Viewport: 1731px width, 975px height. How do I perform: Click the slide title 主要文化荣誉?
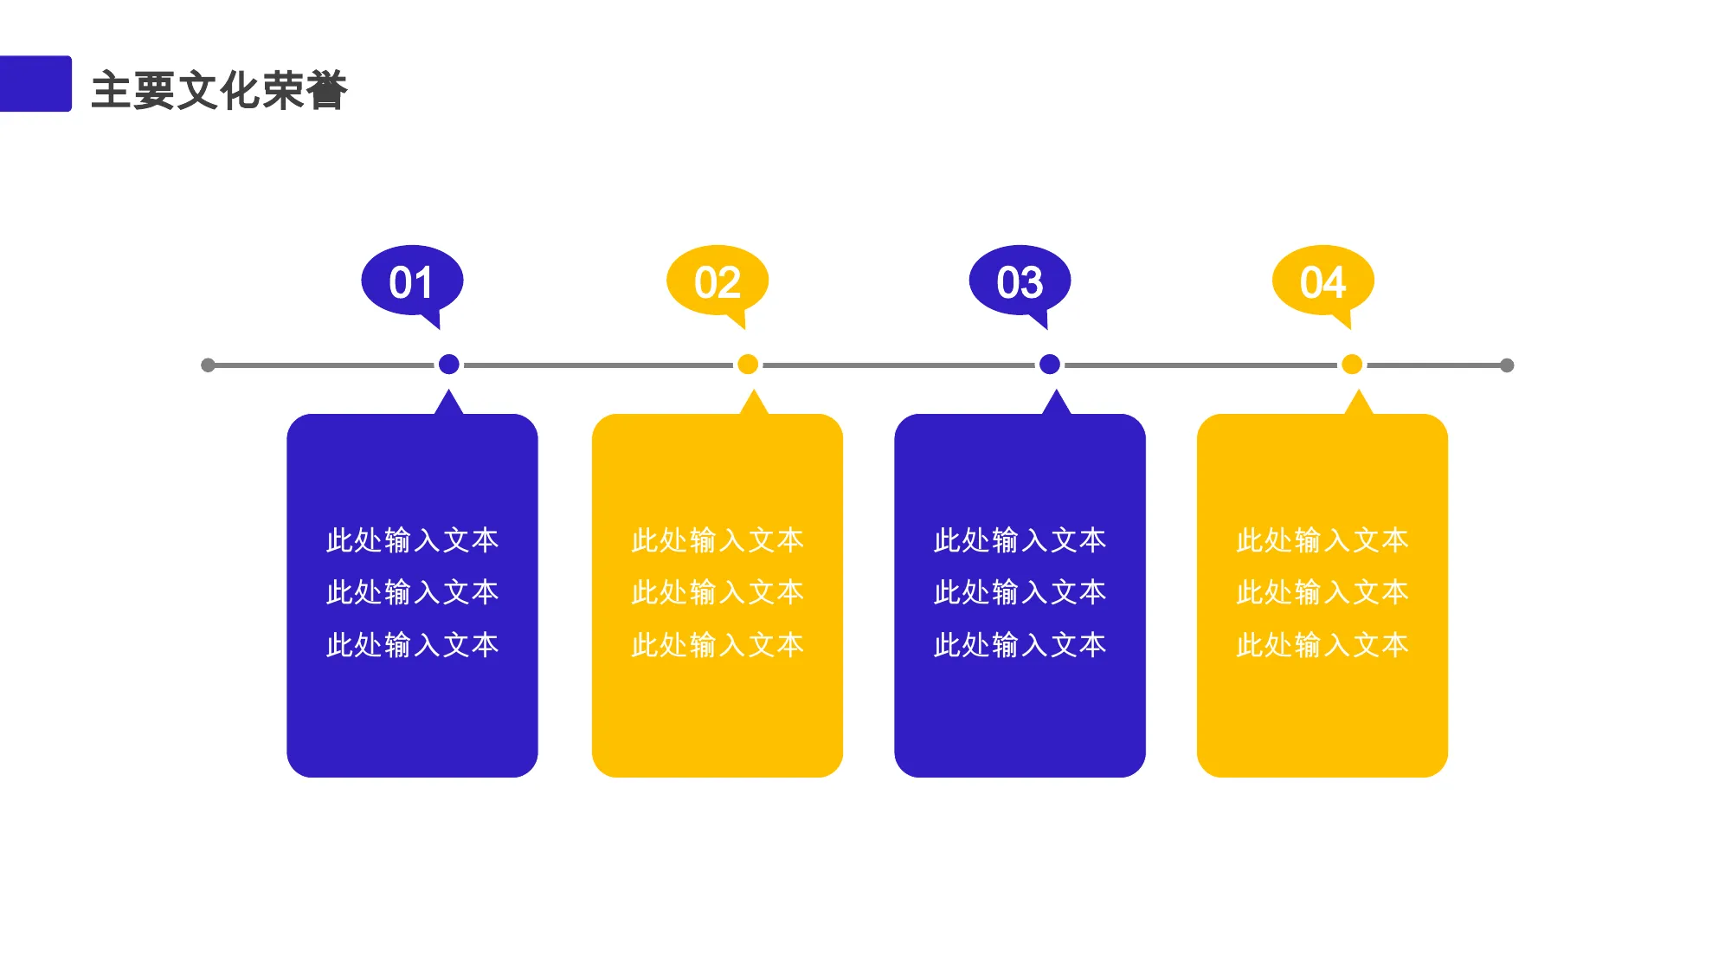point(219,90)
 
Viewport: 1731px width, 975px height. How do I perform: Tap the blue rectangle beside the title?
point(35,84)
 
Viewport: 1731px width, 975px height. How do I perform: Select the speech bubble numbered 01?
point(412,282)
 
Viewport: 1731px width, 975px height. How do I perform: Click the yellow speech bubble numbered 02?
point(717,282)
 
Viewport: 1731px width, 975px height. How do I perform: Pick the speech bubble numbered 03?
point(1020,282)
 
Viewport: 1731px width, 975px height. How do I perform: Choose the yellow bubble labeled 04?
point(1323,282)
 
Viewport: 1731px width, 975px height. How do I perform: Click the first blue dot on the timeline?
point(448,365)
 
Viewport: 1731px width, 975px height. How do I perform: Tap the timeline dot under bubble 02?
point(748,365)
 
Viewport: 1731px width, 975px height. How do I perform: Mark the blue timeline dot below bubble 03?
point(1050,365)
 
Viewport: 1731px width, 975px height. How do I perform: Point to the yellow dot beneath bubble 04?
point(1352,365)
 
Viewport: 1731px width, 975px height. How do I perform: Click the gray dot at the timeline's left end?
point(208,365)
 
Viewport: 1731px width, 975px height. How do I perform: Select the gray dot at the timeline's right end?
point(1507,365)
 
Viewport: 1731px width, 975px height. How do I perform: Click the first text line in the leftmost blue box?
point(412,540)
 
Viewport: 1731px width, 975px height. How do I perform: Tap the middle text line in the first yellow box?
point(717,592)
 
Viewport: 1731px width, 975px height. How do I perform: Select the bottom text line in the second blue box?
point(1020,645)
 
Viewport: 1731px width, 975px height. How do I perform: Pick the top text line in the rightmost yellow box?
point(1322,540)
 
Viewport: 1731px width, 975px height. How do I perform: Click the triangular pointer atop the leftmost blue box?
point(448,404)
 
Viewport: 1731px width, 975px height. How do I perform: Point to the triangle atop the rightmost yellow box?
point(1359,404)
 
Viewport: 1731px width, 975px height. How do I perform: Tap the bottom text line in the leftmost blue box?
point(412,645)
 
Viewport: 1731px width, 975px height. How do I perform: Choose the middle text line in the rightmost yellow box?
point(1322,592)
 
